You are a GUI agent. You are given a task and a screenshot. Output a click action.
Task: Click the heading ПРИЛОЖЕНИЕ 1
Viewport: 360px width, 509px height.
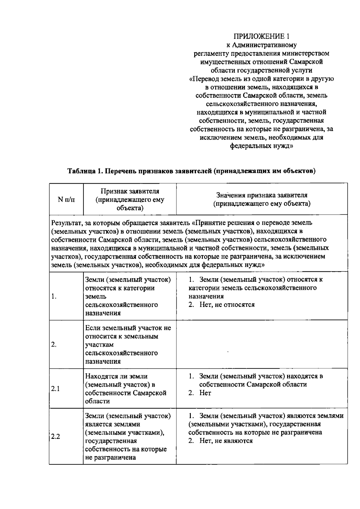(x=262, y=37)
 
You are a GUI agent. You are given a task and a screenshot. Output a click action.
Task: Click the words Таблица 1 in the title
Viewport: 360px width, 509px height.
(x=83, y=171)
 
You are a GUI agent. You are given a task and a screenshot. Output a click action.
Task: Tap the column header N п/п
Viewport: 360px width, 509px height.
(x=66, y=199)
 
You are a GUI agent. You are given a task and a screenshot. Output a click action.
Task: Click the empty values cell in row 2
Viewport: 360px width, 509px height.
(x=262, y=345)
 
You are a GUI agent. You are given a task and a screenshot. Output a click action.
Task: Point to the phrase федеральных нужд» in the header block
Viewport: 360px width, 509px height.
(x=261, y=146)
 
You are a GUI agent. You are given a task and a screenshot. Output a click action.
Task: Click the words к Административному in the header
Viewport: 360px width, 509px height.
(x=261, y=45)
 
